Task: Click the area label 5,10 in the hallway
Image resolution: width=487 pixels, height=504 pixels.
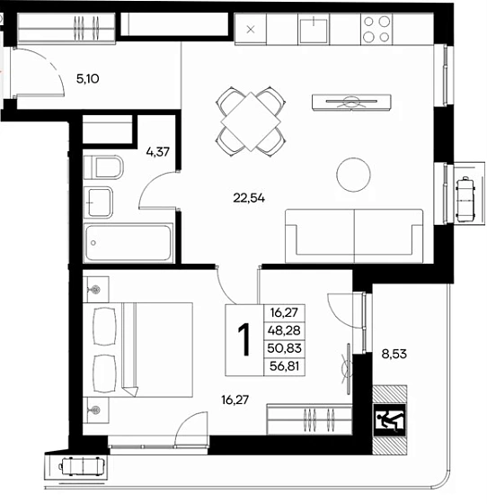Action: pyautogui.click(x=87, y=79)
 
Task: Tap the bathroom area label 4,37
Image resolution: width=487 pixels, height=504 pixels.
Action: pyautogui.click(x=157, y=152)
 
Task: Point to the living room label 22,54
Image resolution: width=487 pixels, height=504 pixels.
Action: pyautogui.click(x=249, y=198)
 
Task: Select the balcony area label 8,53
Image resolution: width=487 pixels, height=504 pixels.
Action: pyautogui.click(x=394, y=355)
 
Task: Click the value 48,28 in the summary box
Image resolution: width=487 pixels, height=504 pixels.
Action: pyautogui.click(x=285, y=330)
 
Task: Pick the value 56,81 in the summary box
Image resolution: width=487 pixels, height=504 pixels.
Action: pyautogui.click(x=284, y=366)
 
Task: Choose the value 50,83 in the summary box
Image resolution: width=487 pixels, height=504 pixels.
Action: pyautogui.click(x=284, y=348)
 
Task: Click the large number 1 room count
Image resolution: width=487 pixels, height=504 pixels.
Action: pyautogui.click(x=243, y=340)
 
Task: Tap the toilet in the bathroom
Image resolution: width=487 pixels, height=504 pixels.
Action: pyautogui.click(x=103, y=167)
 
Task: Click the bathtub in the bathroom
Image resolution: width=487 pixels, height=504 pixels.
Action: pyautogui.click(x=128, y=243)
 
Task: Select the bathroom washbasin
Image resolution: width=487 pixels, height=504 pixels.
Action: pyautogui.click(x=98, y=202)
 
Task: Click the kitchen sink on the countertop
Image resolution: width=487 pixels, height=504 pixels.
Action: pyautogui.click(x=314, y=30)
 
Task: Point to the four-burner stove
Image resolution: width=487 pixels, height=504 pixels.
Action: pyautogui.click(x=376, y=29)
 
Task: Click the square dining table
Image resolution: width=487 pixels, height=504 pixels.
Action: pyautogui.click(x=252, y=121)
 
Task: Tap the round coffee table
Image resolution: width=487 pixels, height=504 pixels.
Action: pyautogui.click(x=353, y=175)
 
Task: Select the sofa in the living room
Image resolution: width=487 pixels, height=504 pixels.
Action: pyautogui.click(x=354, y=236)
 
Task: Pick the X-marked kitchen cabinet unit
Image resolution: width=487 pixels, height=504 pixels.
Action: pyautogui.click(x=251, y=29)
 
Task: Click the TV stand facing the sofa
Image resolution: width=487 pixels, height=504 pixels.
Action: pyautogui.click(x=351, y=103)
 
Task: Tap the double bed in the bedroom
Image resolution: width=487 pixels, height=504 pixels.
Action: pyautogui.click(x=138, y=350)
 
